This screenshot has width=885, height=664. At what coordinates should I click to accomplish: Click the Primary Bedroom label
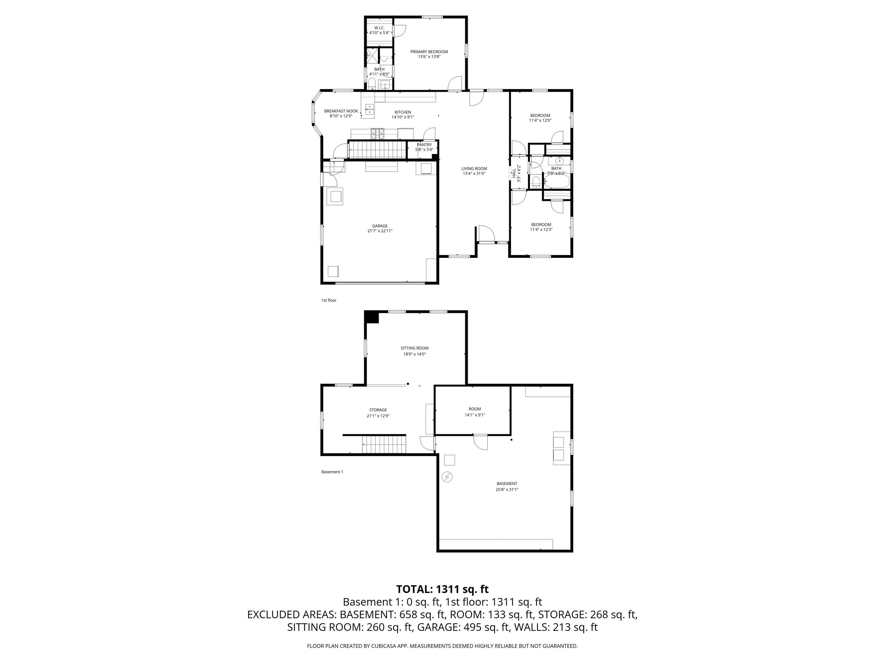429,52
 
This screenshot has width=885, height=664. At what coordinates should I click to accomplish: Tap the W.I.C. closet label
379,28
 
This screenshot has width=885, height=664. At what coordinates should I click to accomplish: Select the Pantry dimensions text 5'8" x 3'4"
424,150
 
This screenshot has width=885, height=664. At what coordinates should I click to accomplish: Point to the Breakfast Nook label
341,111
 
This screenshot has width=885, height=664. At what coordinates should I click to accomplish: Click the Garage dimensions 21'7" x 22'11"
380,231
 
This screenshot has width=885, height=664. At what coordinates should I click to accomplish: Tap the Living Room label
474,169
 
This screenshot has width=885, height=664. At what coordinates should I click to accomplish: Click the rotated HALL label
514,173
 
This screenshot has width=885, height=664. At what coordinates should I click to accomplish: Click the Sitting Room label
415,348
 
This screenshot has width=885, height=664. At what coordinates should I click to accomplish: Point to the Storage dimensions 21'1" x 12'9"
378,416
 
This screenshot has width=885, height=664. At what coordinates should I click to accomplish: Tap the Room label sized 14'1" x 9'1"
475,409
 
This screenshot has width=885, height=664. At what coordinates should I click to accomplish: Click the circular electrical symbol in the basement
447,477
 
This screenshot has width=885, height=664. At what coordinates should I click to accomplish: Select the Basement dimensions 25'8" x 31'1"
507,489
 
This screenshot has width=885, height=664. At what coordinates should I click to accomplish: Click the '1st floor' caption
328,300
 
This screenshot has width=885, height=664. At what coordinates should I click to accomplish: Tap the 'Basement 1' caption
332,472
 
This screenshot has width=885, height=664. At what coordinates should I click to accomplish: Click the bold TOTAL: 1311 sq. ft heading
442,589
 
